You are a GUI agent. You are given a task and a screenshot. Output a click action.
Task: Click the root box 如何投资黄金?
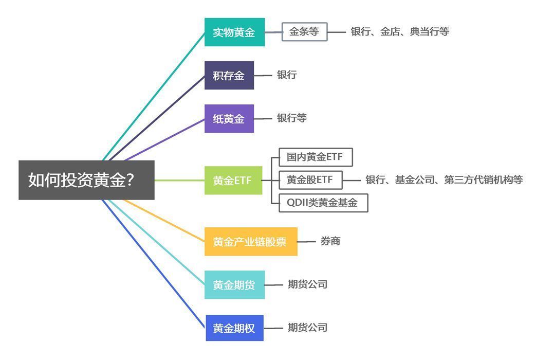point(86,180)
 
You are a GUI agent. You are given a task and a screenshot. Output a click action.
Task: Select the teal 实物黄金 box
point(234,32)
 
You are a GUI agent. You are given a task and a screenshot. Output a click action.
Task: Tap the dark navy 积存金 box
point(229,75)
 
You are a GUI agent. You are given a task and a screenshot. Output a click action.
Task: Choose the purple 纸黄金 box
point(229,118)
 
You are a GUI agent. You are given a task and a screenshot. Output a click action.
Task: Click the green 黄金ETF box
point(233,181)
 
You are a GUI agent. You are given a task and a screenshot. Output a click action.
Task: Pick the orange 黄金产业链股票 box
point(251,242)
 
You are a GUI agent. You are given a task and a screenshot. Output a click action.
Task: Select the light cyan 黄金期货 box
point(234,284)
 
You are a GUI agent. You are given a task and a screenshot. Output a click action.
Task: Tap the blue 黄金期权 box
point(234,328)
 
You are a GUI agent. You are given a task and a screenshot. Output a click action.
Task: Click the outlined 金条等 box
point(304,31)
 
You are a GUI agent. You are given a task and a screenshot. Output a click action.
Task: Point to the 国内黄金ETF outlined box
point(316,157)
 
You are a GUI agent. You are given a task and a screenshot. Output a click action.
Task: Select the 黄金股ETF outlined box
point(310,180)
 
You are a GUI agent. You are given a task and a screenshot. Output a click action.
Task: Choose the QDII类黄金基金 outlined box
point(323,203)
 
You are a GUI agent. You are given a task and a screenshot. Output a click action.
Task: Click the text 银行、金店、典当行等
point(400,31)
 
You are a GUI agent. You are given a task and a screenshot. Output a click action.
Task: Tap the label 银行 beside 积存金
point(287,75)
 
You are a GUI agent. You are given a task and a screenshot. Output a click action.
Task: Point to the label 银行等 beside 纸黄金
point(292,118)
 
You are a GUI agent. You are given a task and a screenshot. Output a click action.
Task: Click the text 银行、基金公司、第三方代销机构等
point(444,179)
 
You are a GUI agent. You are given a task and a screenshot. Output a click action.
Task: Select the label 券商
point(330,241)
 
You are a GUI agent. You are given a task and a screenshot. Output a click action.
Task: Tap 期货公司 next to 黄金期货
point(307,284)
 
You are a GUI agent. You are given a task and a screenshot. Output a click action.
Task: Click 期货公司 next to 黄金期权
point(307,328)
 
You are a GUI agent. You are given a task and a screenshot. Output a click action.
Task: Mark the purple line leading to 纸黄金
point(164,139)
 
